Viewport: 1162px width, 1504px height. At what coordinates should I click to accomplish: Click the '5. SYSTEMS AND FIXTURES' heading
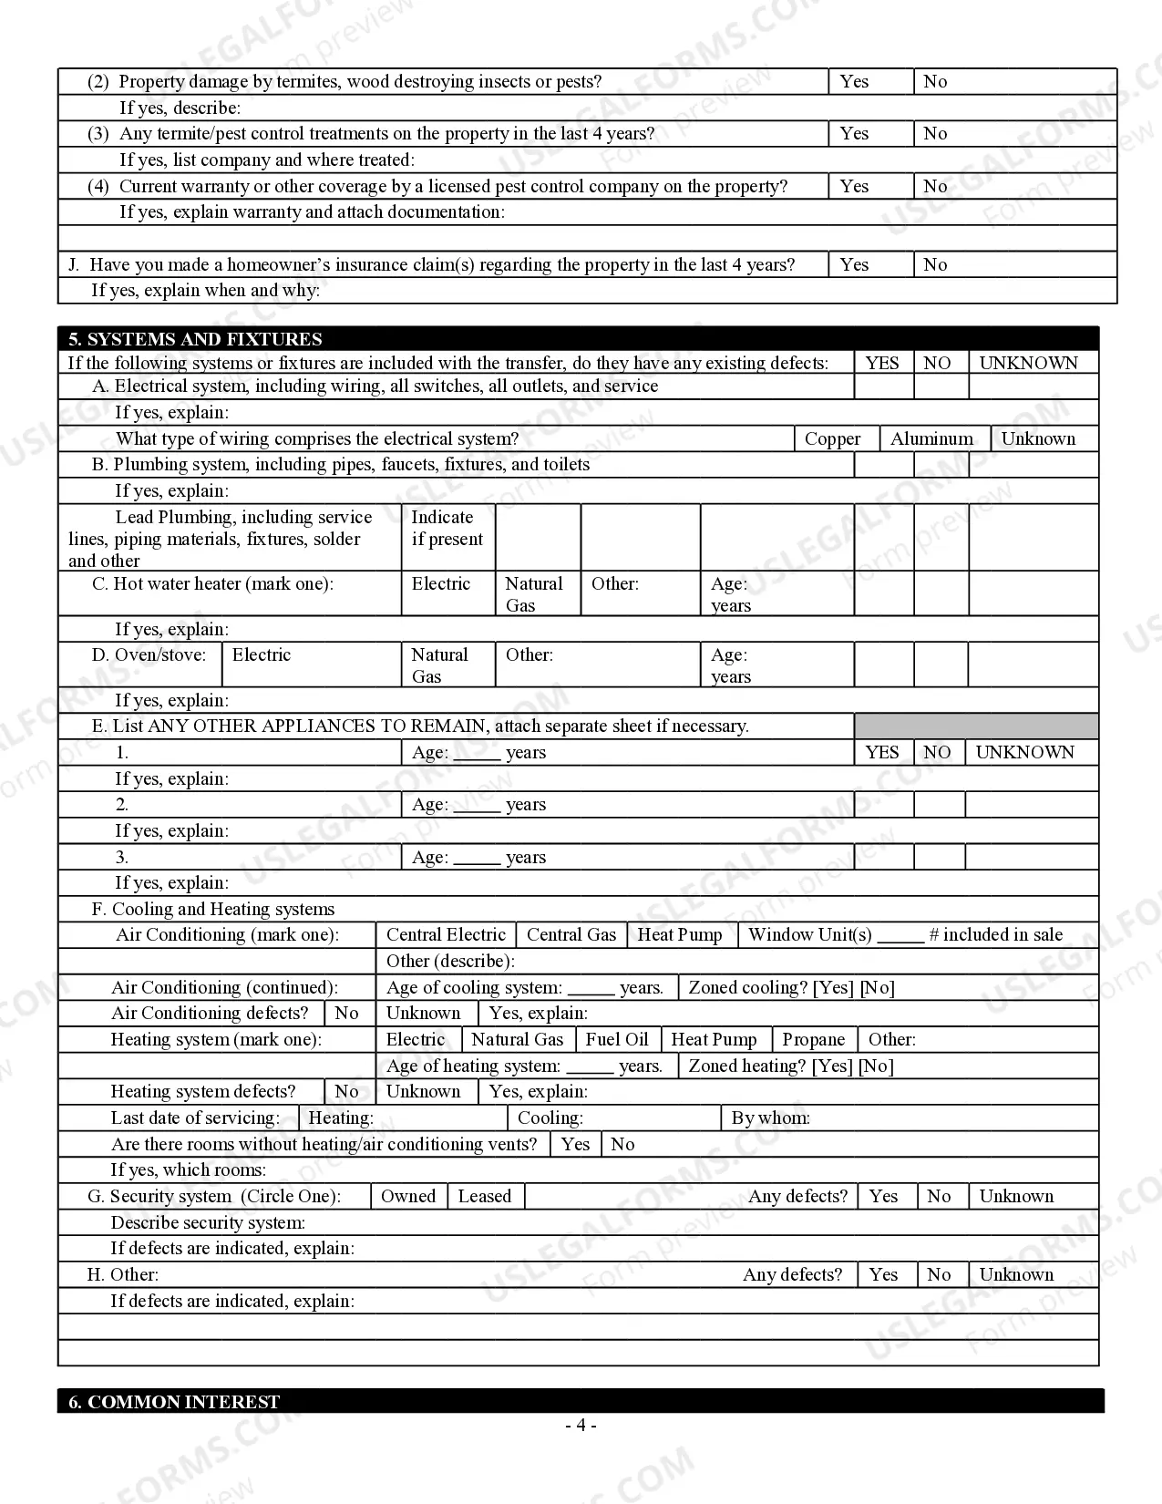[x=195, y=339]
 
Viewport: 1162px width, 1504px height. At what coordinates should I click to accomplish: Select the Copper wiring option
[x=832, y=438]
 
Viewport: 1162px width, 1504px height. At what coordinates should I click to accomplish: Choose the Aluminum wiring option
[x=931, y=438]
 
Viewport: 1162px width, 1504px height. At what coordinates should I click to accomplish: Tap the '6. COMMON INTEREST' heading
[x=174, y=1402]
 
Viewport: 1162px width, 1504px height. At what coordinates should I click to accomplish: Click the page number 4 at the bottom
[x=581, y=1426]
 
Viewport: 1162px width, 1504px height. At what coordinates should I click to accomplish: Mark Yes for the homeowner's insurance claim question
[x=854, y=264]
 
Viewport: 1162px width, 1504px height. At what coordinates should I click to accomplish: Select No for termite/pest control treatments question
[x=935, y=133]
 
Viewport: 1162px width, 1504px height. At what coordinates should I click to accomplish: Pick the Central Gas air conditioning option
[x=571, y=934]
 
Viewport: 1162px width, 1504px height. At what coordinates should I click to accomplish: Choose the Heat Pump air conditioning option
[x=680, y=934]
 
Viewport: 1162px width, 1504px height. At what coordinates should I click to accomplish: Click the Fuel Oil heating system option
[x=617, y=1039]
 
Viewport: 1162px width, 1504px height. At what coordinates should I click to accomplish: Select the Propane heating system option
[x=813, y=1039]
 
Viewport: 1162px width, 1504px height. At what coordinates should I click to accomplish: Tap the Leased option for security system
[x=484, y=1196]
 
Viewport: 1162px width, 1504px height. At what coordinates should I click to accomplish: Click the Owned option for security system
[x=408, y=1196]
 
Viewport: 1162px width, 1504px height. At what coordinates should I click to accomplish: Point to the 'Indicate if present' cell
[x=447, y=529]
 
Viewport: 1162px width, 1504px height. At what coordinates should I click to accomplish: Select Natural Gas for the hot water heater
[x=534, y=594]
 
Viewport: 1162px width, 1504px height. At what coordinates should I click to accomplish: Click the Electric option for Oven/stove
[x=262, y=654]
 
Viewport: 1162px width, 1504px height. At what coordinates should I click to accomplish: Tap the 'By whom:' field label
[x=770, y=1118]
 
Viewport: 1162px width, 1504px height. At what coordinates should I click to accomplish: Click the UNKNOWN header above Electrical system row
[x=1028, y=363]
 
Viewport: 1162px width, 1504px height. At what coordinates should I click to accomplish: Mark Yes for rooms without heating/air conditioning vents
[x=575, y=1144]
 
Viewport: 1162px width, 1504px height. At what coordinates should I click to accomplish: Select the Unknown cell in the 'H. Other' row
[x=1016, y=1274]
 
